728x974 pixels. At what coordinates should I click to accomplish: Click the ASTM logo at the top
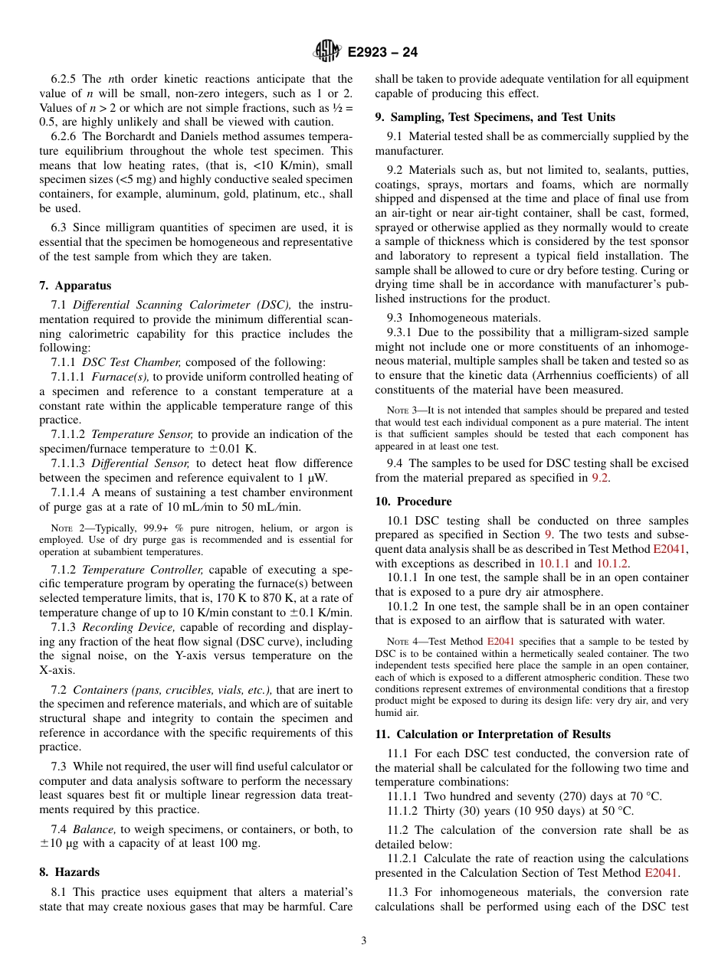pyautogui.click(x=327, y=52)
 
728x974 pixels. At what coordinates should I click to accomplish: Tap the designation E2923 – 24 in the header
pyautogui.click(x=382, y=53)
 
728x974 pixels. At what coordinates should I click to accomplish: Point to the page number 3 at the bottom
pyautogui.click(x=364, y=941)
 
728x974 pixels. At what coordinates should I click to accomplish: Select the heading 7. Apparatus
pyautogui.click(x=75, y=286)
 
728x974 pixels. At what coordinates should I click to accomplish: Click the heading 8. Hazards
pyautogui.click(x=70, y=872)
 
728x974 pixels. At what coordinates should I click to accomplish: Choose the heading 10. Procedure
pyautogui.click(x=413, y=502)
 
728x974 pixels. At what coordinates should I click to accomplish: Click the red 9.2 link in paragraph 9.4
pyautogui.click(x=600, y=478)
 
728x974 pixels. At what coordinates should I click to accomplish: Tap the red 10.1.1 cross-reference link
pyautogui.click(x=554, y=564)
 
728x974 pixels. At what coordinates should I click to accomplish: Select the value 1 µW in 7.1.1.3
pyautogui.click(x=339, y=478)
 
